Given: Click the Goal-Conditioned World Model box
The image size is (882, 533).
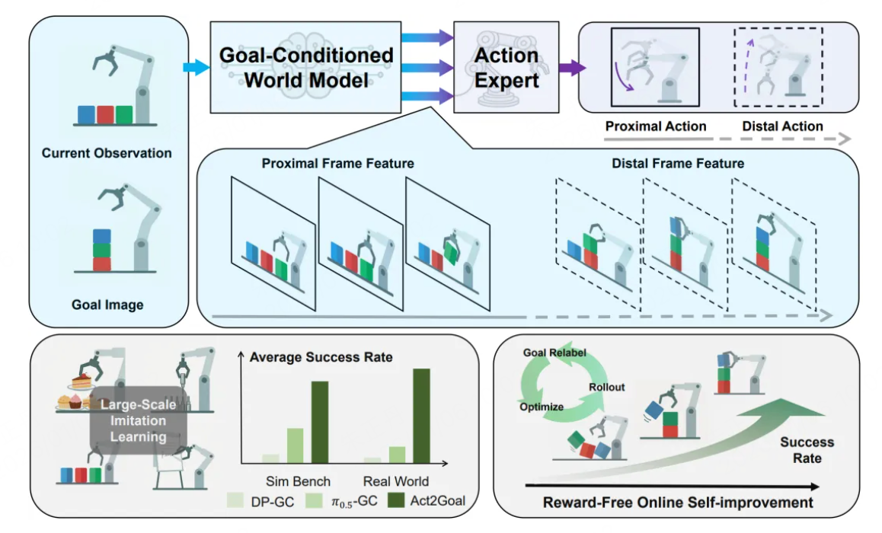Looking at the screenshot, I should (x=305, y=67).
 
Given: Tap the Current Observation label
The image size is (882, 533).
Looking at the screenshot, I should (x=107, y=153).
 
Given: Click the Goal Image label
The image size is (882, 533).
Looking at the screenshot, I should (x=107, y=305).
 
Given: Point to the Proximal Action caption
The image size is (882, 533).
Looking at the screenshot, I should (x=656, y=126).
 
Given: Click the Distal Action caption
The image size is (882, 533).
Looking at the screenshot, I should (x=782, y=126).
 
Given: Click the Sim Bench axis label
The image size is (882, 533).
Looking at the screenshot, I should (x=298, y=481).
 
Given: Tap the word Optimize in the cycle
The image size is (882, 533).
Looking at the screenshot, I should (x=542, y=407).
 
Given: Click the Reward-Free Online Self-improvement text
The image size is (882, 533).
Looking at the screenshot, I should (x=678, y=503).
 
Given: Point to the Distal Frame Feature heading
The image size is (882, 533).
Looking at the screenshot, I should (x=678, y=164).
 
